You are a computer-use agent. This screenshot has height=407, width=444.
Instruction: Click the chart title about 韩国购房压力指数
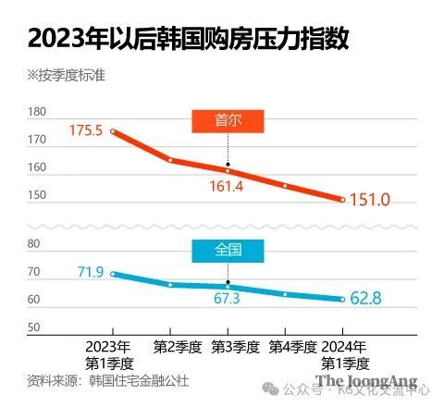[190, 40]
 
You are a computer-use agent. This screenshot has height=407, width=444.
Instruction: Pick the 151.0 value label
[372, 200]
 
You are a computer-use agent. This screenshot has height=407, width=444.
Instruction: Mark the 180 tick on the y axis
[37, 112]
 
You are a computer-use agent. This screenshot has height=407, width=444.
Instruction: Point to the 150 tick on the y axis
[37, 195]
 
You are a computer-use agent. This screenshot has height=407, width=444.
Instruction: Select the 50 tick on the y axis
[34, 327]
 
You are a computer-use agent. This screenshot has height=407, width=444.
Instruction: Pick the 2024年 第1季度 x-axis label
[343, 355]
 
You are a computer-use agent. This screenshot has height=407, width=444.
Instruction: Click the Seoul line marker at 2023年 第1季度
[113, 131]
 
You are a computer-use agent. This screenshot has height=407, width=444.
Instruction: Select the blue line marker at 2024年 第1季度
[342, 299]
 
